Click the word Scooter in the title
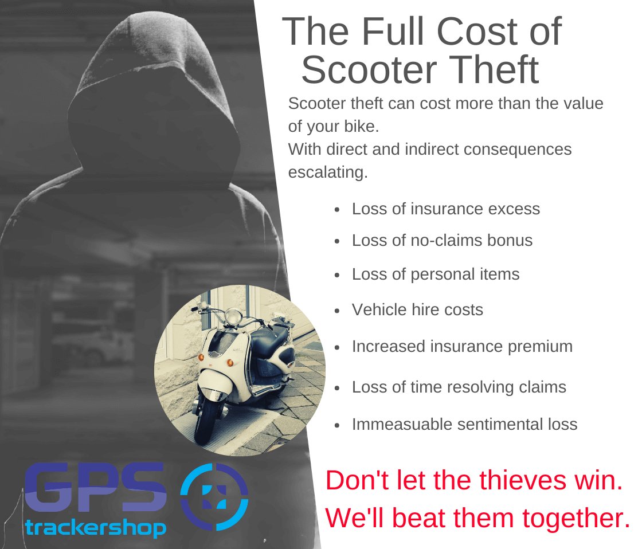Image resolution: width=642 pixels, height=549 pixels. click(369, 70)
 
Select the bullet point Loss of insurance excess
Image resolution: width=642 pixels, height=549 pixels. click(446, 209)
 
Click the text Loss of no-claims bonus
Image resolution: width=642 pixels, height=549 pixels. click(442, 240)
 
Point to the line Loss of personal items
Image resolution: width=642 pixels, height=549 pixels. click(436, 274)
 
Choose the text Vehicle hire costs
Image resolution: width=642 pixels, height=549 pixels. click(418, 310)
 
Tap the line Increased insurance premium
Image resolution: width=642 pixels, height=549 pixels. click(462, 347)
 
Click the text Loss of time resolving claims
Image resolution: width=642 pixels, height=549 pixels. click(459, 387)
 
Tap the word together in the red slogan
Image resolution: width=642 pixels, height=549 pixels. click(576, 519)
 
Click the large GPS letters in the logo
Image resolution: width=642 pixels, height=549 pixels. click(95, 487)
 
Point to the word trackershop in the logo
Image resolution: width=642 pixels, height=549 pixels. click(95, 528)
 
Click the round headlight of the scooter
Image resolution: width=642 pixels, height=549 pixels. click(233, 316)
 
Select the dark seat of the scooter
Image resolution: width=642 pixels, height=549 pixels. click(271, 336)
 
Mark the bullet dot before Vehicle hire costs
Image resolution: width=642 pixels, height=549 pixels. click(337, 311)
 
